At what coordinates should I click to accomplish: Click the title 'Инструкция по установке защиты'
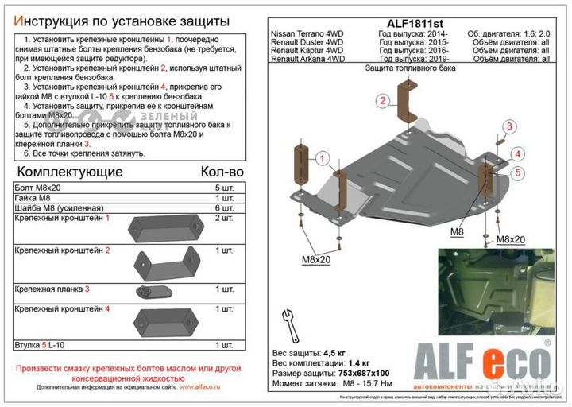tap(118, 20)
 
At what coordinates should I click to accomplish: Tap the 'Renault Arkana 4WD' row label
tap(308, 59)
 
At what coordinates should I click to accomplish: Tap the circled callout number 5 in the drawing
tap(516, 172)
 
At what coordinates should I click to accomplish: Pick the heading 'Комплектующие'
tap(70, 172)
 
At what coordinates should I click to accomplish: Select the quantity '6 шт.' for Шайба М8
tap(224, 207)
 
